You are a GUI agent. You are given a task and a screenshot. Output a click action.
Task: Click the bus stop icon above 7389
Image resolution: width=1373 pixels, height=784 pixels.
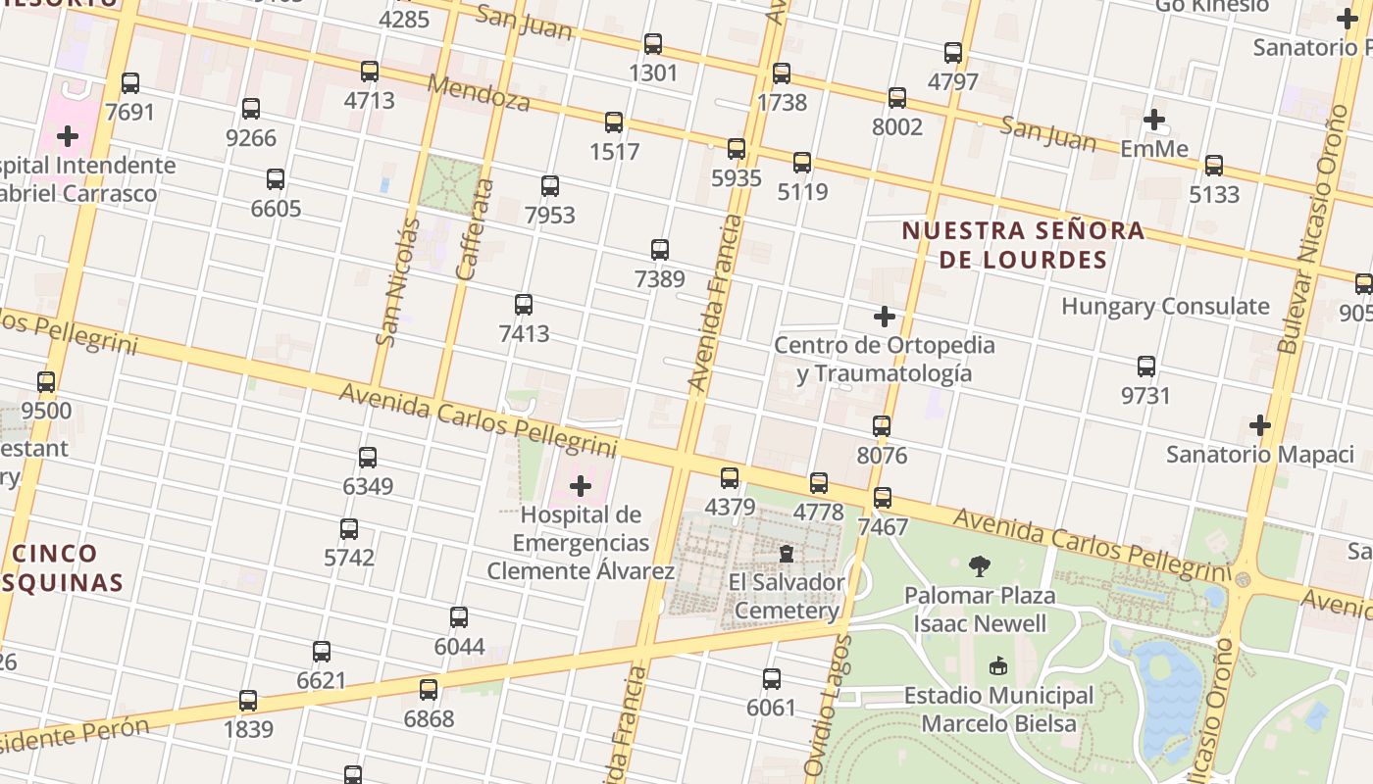point(660,250)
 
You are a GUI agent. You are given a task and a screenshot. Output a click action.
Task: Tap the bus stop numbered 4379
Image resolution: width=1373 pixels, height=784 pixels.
point(730,478)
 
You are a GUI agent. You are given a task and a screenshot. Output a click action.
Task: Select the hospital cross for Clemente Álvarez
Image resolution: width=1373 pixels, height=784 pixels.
point(581,486)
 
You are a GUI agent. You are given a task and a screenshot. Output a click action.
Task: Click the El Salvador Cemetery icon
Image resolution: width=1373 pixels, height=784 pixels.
point(786,554)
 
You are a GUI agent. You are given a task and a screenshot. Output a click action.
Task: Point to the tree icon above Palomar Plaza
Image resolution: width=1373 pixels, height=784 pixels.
point(979,565)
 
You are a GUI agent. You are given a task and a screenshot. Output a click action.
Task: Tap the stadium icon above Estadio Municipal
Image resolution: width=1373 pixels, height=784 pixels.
point(998,666)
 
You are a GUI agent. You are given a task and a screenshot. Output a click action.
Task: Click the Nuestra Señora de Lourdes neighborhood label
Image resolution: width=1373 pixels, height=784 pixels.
point(1022,245)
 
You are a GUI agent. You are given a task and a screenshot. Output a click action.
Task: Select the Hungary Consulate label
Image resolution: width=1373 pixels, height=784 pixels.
point(1165,306)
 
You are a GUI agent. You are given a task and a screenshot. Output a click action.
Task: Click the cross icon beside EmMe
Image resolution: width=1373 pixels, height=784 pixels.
point(1154,121)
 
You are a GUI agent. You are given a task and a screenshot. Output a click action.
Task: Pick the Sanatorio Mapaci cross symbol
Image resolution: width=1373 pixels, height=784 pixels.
point(1260,425)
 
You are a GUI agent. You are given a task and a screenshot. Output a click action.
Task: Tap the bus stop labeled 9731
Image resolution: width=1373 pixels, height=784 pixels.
point(1146,367)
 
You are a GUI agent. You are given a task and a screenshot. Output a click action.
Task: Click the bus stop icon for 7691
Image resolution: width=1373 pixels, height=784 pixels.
point(130,83)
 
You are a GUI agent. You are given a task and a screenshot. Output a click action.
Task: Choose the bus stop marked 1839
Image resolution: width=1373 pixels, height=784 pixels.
point(248,701)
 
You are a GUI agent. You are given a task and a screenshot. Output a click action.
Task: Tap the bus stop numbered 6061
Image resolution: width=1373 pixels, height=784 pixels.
point(772,679)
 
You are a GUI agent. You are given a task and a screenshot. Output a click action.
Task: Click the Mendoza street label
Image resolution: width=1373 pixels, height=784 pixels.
point(480,91)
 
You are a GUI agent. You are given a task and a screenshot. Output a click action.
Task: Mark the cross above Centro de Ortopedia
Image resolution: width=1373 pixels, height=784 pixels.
point(885,317)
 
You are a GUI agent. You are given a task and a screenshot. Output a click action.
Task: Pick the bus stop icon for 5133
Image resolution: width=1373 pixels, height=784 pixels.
point(1214,166)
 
